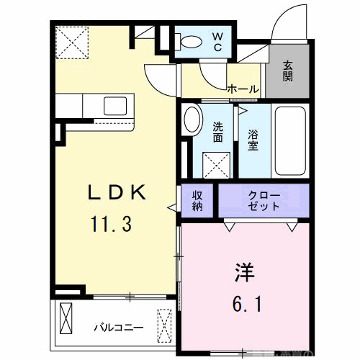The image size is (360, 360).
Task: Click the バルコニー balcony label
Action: point(118,328)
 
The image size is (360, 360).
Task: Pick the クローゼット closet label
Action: point(264,200)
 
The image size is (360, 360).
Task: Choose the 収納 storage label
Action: point(197,200)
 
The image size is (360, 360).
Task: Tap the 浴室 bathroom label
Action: point(253,139)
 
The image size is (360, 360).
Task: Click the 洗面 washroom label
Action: point(219,133)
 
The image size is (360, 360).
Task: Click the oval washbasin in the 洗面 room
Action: point(192,120)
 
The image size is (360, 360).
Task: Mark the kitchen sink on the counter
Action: point(114,106)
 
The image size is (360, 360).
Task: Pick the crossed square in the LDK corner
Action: point(73,41)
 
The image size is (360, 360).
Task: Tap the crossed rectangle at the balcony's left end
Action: point(67,318)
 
